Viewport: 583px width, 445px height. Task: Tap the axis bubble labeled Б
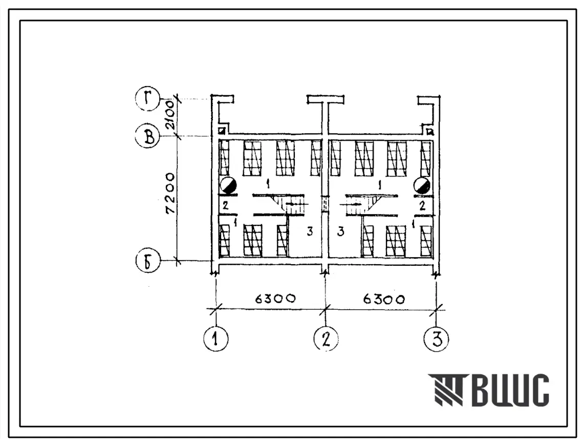pyautogui.click(x=148, y=261)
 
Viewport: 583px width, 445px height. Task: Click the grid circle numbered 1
pyautogui.click(x=215, y=338)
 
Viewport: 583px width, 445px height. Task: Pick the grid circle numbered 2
pyautogui.click(x=326, y=338)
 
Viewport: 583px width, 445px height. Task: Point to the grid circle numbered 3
pyautogui.click(x=436, y=338)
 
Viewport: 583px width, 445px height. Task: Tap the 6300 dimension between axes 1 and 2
pyautogui.click(x=275, y=299)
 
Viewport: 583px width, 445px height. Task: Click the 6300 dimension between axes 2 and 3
pyautogui.click(x=384, y=299)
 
